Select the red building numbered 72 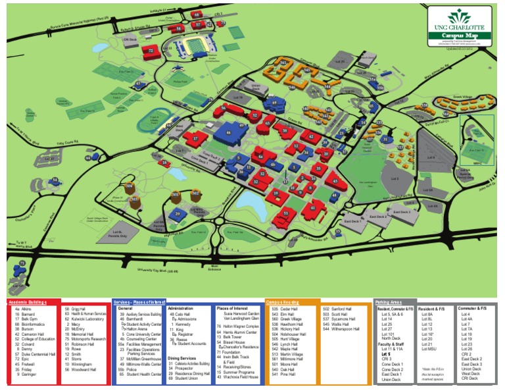[x=152, y=49]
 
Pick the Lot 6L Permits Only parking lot [x=119, y=232]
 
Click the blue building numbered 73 [x=22, y=265]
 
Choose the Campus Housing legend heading [x=282, y=301]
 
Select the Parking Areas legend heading [x=389, y=301]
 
